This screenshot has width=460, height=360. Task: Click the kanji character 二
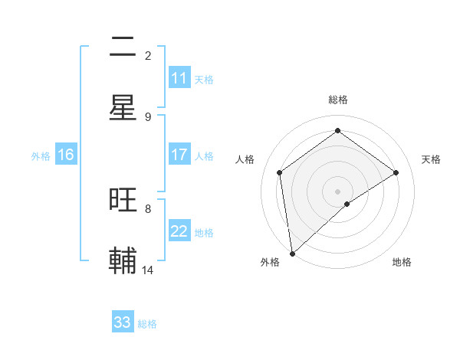point(123,48)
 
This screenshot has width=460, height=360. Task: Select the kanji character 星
point(123,109)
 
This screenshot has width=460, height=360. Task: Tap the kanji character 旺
point(123,200)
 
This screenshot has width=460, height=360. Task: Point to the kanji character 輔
point(123,261)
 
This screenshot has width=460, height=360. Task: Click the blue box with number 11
point(179,78)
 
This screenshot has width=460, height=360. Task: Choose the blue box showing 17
point(179,155)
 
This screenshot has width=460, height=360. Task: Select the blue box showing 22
point(179,231)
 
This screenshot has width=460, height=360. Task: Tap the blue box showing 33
point(123,322)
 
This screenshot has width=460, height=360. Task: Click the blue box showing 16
point(66,155)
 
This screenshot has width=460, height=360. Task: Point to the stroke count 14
point(148,270)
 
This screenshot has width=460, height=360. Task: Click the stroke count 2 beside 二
point(148,55)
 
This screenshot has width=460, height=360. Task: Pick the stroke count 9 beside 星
point(148,116)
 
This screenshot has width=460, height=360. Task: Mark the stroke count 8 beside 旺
point(148,208)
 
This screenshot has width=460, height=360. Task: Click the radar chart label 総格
point(338,100)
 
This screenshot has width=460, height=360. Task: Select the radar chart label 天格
point(431,159)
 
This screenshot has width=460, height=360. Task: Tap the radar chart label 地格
point(402,262)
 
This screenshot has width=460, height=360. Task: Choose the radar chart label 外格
point(270,262)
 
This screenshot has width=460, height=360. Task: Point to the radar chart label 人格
point(245,159)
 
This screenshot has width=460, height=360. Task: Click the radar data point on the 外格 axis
point(291,254)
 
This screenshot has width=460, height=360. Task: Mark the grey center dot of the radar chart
point(338,191)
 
